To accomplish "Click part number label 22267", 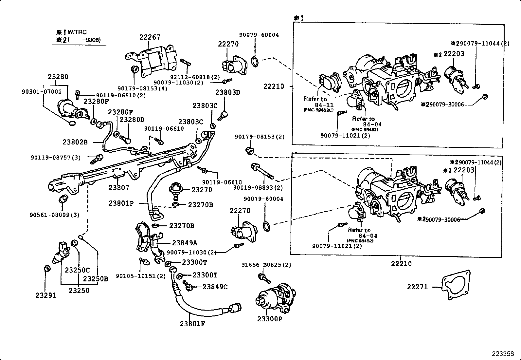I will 150,37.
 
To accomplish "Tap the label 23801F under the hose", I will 192,324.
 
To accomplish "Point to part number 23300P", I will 269,319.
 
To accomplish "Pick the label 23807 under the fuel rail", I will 119,188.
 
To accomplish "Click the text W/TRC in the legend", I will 78,32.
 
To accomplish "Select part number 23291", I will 46,295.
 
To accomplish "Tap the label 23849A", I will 185,243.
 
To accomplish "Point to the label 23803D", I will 228,92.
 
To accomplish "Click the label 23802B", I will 75,142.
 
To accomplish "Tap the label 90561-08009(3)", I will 54,215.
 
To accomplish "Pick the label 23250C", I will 77,270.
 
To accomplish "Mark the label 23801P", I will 121,203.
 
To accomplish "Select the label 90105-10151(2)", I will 141,276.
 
